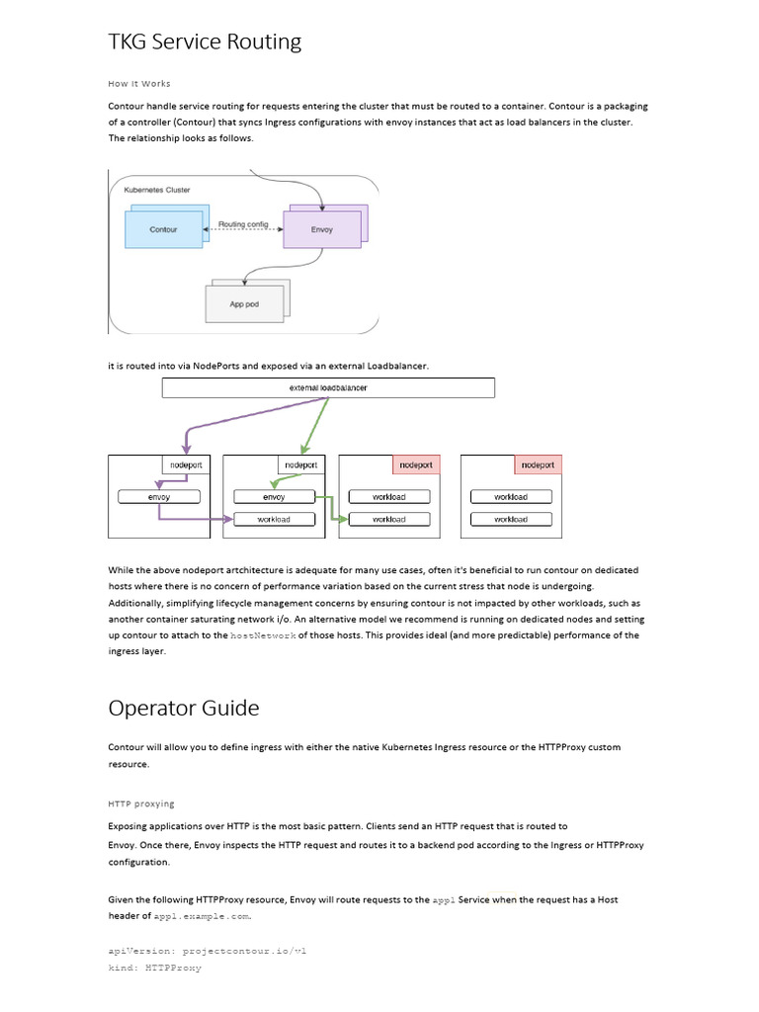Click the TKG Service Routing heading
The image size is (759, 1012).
(205, 42)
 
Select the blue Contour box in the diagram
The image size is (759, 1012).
(163, 229)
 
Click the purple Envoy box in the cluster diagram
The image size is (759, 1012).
(321, 229)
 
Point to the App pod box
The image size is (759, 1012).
(243, 304)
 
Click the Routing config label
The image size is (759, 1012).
(243, 224)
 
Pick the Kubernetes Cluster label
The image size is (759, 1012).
(157, 189)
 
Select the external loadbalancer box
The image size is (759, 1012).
(328, 388)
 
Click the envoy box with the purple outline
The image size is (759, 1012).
(158, 497)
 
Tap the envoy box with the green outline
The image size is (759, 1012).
(274, 497)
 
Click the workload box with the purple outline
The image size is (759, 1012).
(274, 519)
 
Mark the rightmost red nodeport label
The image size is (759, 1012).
(538, 464)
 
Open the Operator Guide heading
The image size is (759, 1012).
(184, 709)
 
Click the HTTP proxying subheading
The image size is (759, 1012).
(141, 803)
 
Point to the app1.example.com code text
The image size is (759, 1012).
(202, 916)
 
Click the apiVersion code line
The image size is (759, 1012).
(208, 950)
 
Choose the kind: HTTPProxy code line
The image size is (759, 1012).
(154, 968)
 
